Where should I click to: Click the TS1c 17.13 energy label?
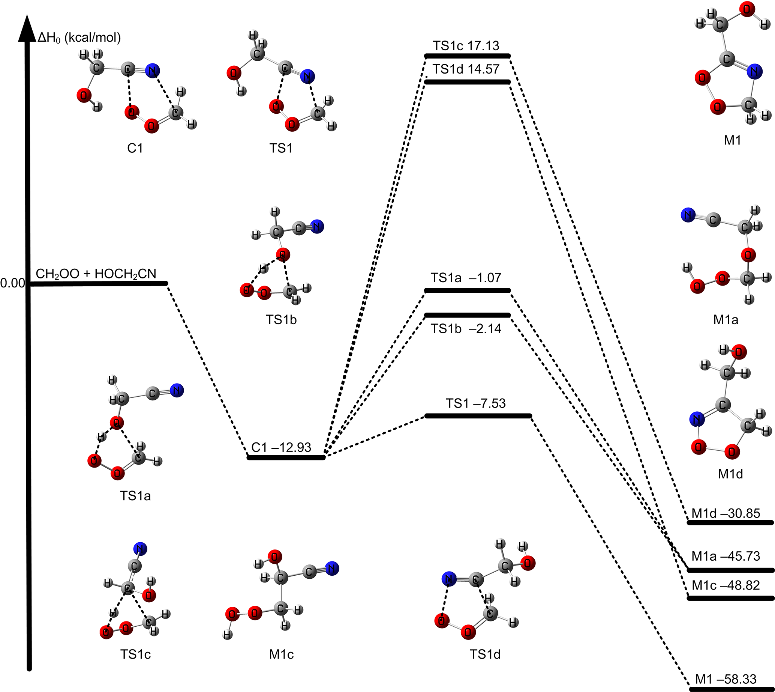pos(466,46)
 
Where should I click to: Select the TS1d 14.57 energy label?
pos(466,69)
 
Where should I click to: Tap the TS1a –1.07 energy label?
pos(466,278)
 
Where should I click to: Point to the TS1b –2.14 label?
pos(466,328)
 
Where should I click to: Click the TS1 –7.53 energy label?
pos(476,403)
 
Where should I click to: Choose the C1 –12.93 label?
pos(281,447)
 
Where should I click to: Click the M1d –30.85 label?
pos(726,513)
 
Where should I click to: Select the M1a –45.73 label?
pos(726,556)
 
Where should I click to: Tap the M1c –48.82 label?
pos(726,585)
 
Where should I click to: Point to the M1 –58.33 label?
pos(726,679)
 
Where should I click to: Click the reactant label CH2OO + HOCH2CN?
pos(96,274)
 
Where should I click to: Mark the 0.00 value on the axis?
pos(12,283)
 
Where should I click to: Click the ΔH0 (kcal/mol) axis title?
pos(79,38)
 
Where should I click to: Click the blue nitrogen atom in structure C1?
pos(152,71)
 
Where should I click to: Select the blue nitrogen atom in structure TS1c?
pos(140,549)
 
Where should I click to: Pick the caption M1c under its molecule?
pos(281,654)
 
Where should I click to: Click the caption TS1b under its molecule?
pos(281,320)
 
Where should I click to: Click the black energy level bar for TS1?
pos(478,416)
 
